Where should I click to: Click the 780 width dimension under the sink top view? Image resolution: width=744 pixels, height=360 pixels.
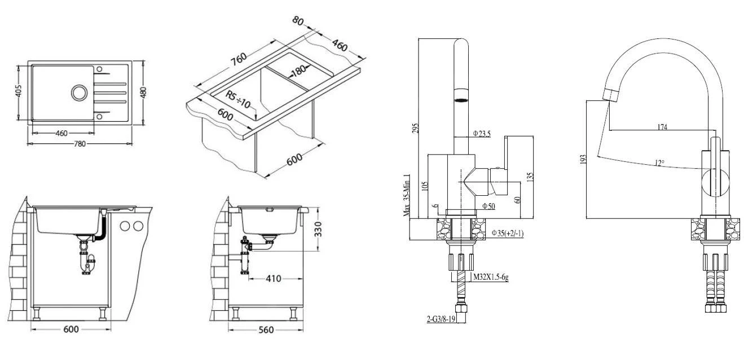coord(80,144)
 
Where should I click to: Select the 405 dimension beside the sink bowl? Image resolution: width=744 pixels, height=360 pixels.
coord(18,91)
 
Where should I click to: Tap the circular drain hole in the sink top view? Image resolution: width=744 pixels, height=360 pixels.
coord(78,91)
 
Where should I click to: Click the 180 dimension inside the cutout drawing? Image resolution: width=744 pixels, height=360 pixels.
coord(297,70)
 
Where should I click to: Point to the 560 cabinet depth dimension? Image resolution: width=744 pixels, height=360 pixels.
coord(266,330)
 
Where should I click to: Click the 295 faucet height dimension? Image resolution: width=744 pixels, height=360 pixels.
coord(415,129)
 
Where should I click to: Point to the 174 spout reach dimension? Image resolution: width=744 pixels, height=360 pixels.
coord(662,128)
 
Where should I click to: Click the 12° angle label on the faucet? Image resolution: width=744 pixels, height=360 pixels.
coord(659,163)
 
